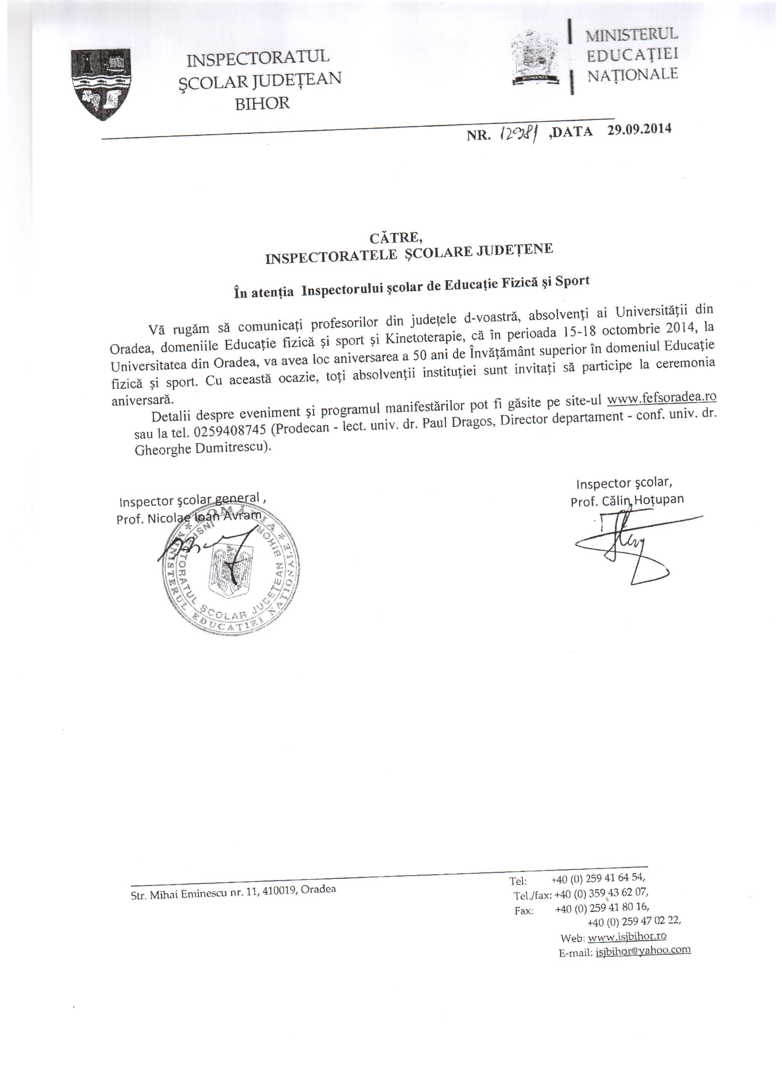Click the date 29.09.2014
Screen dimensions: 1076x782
[640, 129]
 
